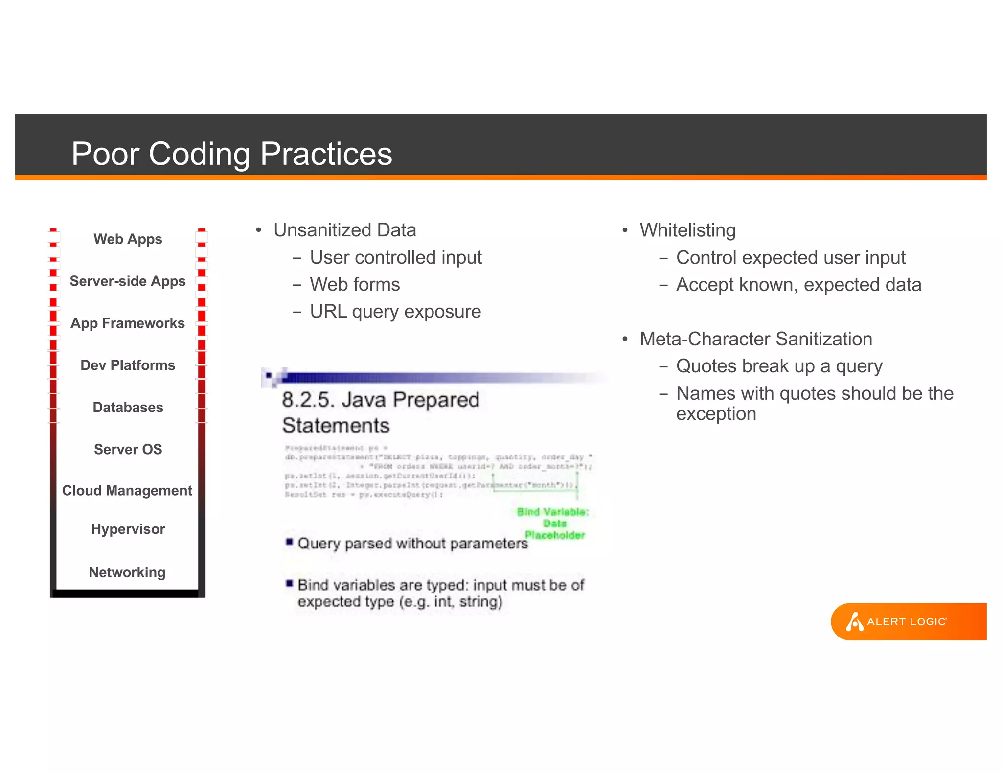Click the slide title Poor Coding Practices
[x=231, y=154]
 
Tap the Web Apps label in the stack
[x=128, y=239]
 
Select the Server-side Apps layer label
[x=128, y=281]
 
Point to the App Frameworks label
[x=128, y=323]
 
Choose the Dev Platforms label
[x=128, y=365]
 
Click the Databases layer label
[x=128, y=407]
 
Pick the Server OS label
[x=128, y=449]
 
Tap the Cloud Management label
[x=127, y=490]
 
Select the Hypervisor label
[x=128, y=529]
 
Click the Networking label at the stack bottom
[x=127, y=572]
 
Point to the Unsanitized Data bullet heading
[x=344, y=230]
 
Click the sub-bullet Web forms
[x=355, y=284]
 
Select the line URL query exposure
[x=395, y=311]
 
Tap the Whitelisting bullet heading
[x=687, y=230]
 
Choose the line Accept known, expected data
[x=798, y=284]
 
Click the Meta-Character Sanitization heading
[x=756, y=339]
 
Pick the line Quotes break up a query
[x=779, y=366]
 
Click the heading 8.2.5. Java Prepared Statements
[x=380, y=412]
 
